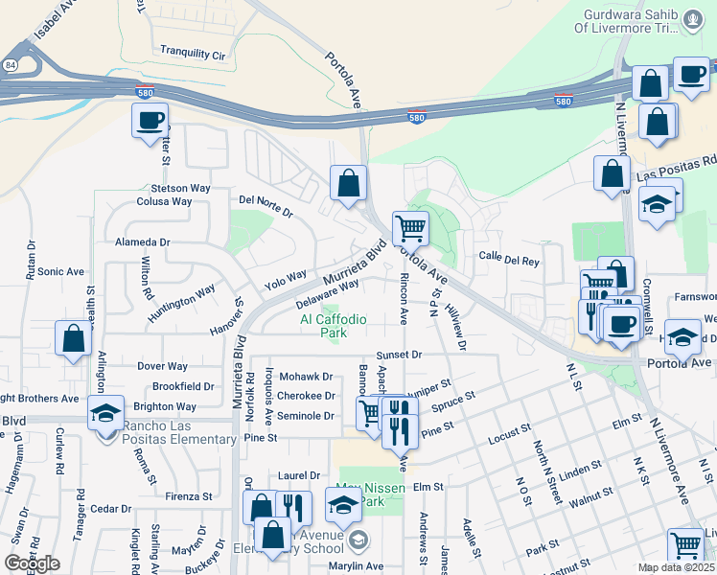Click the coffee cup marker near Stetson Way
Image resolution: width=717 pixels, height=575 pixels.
[x=150, y=122]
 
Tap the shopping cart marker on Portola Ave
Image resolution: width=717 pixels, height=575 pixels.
[x=410, y=229]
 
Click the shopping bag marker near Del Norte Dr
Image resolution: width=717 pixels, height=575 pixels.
[x=349, y=183]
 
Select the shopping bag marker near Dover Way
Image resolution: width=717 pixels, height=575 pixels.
[x=74, y=339]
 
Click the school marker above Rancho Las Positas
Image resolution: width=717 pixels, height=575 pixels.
[x=105, y=413]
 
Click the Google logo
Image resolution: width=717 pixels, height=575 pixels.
[x=33, y=563]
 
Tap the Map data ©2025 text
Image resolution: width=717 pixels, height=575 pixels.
[x=675, y=567]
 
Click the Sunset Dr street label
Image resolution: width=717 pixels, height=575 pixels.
[x=399, y=355]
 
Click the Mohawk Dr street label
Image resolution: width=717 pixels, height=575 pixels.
[x=306, y=377]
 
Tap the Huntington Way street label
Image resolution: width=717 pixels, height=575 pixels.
[x=181, y=303]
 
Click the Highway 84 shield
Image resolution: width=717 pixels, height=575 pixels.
[x=9, y=64]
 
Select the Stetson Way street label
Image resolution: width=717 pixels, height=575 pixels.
[x=179, y=188]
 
